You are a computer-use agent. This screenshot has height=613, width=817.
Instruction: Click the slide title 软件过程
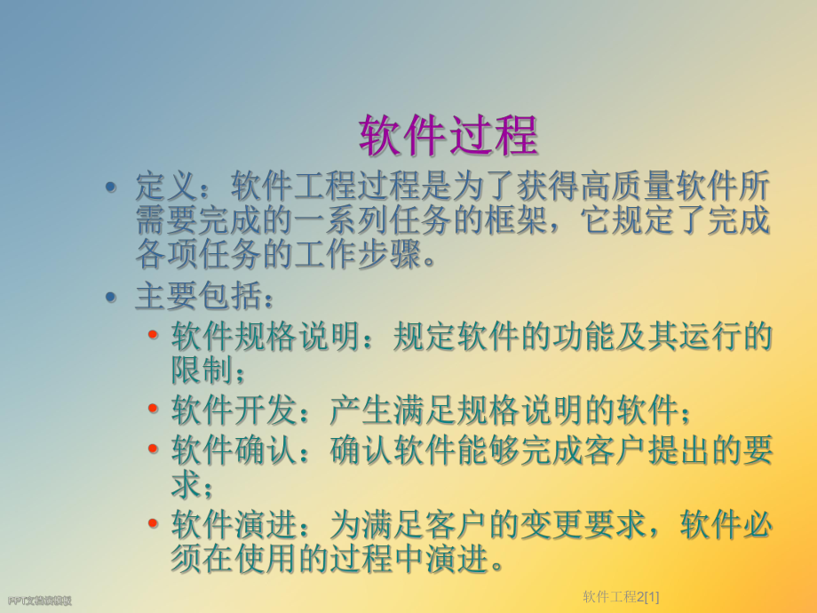[448, 135]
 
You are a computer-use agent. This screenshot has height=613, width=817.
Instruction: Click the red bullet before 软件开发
[155, 410]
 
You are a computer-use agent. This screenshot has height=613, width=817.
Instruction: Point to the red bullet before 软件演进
[155, 524]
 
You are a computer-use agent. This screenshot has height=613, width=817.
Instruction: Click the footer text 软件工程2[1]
[627, 595]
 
